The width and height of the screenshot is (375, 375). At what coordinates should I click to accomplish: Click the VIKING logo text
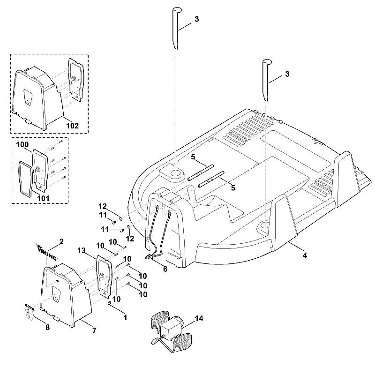pos(47,252)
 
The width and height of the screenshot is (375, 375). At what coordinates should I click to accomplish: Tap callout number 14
pos(199,319)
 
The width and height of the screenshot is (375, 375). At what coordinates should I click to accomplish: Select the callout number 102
pos(72,126)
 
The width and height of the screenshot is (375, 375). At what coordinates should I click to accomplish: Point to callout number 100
pos(22,144)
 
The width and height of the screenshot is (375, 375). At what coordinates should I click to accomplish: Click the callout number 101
pos(43,198)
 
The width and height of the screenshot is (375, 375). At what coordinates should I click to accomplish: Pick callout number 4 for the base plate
pos(304,255)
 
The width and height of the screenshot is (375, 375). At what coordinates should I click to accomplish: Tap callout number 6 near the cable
pos(165,269)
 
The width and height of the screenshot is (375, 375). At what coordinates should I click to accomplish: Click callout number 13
pos(81,250)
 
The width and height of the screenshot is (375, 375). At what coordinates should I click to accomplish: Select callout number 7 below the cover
pos(94,330)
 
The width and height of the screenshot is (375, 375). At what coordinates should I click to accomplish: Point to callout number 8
pos(47,327)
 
